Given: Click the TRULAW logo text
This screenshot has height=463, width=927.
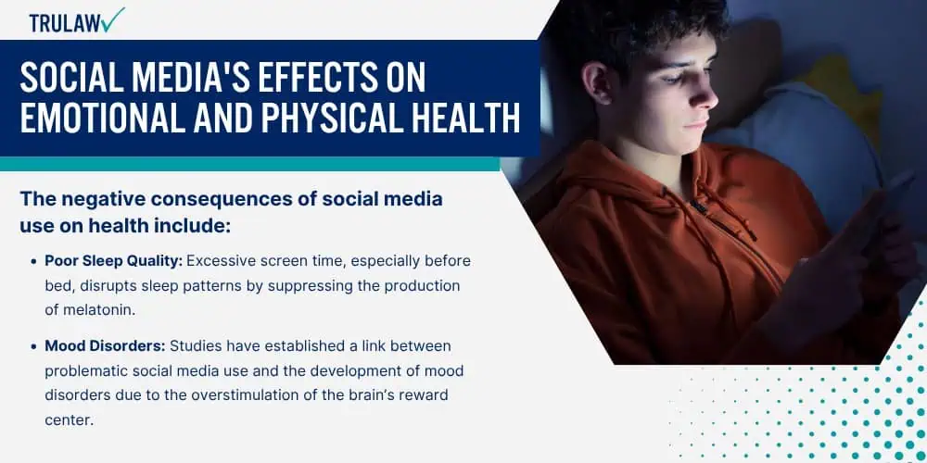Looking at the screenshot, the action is pos(65,22).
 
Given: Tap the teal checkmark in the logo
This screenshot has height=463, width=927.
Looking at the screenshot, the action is pos(112,19).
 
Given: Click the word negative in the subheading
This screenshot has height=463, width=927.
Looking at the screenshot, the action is pos(103,199).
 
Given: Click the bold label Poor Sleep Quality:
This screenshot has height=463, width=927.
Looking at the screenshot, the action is pos(114,261).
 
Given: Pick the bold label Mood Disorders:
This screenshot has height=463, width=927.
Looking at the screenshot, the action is pos(106,346).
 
